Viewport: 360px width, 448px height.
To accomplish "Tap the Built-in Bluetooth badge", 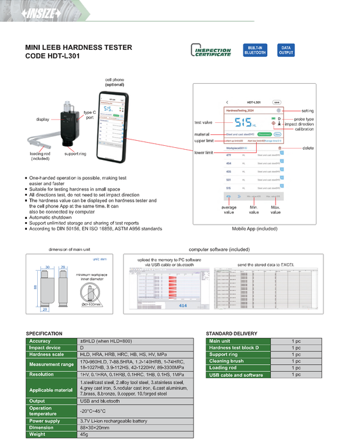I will coord(255,51).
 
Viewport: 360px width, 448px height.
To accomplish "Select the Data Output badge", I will coord(286,51).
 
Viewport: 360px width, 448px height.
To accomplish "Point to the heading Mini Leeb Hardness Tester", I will coord(78,47).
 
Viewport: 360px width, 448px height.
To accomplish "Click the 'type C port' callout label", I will coord(90,115).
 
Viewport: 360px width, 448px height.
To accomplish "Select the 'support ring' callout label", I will coord(76,154).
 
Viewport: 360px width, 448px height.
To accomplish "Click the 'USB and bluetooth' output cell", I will coord(96,401).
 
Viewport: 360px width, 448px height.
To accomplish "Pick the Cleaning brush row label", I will coord(227,361).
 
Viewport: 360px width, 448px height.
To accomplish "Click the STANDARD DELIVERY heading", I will coord(233,334).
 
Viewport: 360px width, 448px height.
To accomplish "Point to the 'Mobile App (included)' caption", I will coord(254,228).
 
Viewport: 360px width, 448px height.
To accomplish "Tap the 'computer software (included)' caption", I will coord(219,249).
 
